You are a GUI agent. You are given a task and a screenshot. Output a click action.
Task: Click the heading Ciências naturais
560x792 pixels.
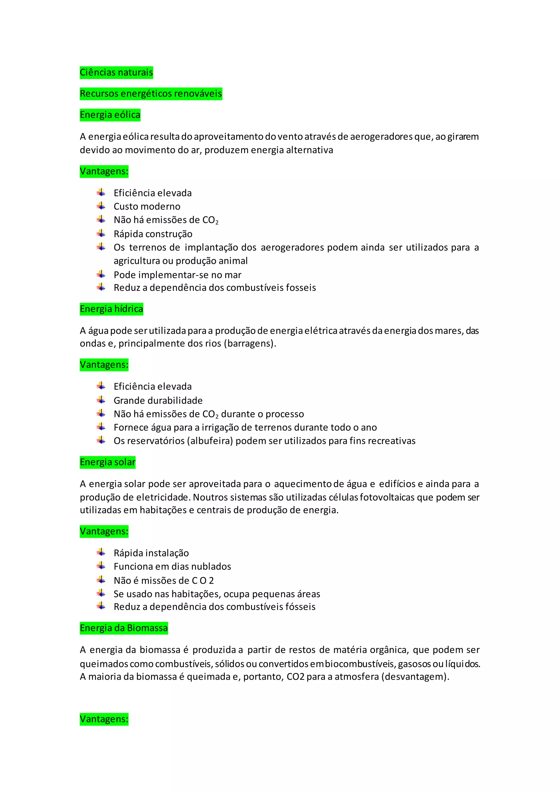116,72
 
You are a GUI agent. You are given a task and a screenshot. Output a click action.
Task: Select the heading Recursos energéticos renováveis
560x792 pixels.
151,94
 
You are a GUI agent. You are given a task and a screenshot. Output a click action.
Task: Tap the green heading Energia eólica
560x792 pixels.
110,115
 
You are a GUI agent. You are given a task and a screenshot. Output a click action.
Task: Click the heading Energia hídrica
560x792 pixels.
111,309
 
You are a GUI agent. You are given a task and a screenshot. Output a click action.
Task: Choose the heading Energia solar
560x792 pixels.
107,462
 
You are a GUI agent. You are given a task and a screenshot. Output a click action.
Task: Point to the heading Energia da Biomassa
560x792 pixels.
124,628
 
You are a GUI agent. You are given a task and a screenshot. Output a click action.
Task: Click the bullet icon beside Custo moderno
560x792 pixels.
101,206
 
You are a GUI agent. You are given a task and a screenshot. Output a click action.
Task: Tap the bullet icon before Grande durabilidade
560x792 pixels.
101,400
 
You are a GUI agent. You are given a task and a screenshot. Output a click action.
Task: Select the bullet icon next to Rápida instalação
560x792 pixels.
101,552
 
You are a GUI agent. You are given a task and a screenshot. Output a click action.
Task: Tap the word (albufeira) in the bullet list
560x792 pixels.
210,441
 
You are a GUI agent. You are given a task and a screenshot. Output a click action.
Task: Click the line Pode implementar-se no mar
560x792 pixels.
177,275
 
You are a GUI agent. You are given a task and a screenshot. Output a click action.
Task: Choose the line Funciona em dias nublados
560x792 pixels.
172,566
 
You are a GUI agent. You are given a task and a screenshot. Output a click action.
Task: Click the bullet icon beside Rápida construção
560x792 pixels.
101,234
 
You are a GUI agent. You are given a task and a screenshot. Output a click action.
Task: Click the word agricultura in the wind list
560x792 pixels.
136,261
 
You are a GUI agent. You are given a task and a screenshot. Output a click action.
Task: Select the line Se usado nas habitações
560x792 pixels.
217,594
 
